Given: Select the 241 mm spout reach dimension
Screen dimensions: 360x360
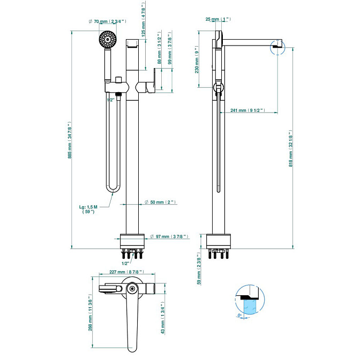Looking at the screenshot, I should pyautogui.click(x=247, y=111).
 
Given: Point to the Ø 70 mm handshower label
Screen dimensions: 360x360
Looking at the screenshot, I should pyautogui.click(x=107, y=22).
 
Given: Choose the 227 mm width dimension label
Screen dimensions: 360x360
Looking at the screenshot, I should pyautogui.click(x=121, y=271).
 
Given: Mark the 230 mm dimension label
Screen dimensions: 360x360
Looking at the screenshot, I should pyautogui.click(x=198, y=63).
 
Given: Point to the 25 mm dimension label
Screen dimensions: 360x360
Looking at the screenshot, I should pyautogui.click(x=217, y=19).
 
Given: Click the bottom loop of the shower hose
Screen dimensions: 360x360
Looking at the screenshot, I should pyautogui.click(x=112, y=189).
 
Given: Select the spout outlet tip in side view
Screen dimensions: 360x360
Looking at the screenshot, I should pyautogui.click(x=275, y=48).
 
